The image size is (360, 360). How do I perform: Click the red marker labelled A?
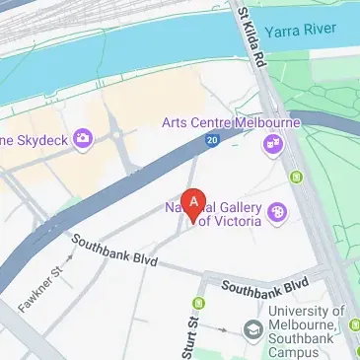point(195,204)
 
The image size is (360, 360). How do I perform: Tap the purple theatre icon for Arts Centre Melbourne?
point(271,146)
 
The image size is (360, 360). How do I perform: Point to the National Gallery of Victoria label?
point(213,214)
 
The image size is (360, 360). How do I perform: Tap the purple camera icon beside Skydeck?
point(83,137)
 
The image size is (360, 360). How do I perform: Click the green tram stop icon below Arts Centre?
point(296,178)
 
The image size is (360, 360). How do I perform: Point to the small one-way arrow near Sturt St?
point(225,329)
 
